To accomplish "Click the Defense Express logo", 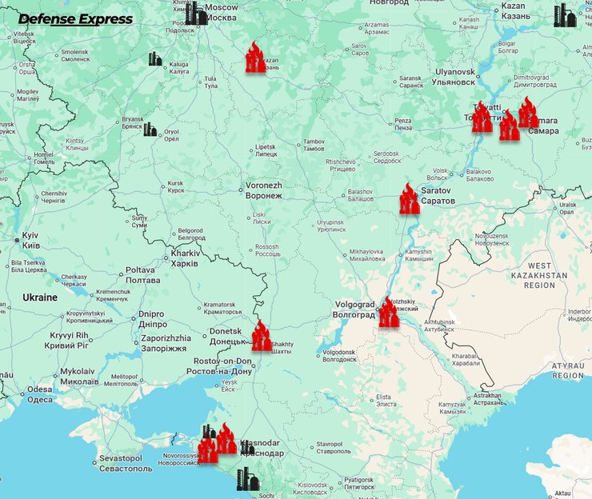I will (75, 19).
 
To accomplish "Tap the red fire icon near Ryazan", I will (255, 58).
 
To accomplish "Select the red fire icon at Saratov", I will (409, 199).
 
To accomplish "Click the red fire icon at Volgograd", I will (388, 313).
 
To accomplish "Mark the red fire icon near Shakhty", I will (261, 336).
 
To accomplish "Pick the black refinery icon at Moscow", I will (195, 13).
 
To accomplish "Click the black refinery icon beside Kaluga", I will (154, 59).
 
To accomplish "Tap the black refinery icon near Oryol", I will (150, 129).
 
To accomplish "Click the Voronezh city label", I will (263, 190).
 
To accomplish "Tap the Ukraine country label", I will (39, 297).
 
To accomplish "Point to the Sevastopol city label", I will (120, 463).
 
